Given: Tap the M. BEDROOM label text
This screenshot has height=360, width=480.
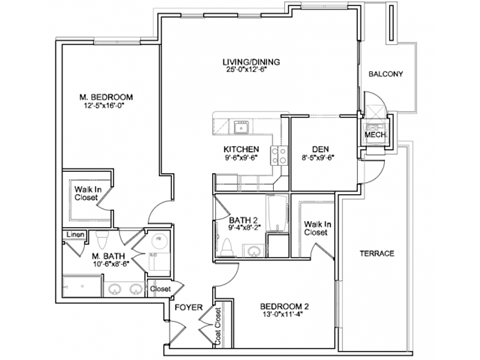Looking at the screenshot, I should coord(106,97).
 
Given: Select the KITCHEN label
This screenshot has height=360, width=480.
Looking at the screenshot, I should coord(241,148).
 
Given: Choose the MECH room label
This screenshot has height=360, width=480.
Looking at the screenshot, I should coord(375,135).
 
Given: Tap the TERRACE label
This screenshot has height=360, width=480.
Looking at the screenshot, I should coord(377,253).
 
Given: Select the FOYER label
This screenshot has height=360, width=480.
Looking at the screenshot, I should coord(188,308).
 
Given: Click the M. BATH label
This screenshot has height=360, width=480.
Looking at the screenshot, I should coord(108,255).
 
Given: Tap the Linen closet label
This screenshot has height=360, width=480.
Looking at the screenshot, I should coord(74,236).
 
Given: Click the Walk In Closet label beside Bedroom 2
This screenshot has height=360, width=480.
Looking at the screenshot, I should coord(318,228).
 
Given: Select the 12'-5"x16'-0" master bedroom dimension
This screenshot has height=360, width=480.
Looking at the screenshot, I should coord(106,106).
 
